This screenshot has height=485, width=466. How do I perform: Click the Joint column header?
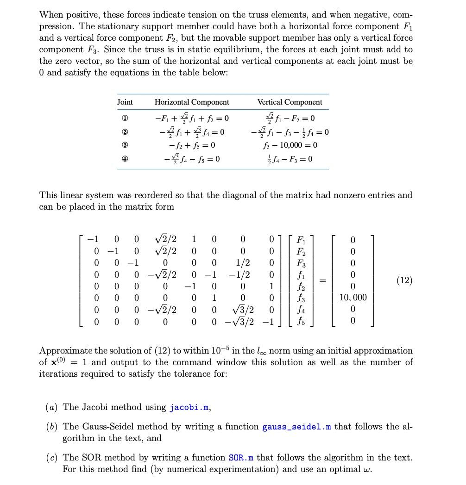(x=125, y=102)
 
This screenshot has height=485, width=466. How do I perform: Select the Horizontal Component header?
(x=191, y=102)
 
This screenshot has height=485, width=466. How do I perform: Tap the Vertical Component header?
(x=290, y=102)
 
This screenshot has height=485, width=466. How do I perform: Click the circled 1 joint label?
(x=125, y=118)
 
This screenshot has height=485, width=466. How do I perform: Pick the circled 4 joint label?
(x=125, y=159)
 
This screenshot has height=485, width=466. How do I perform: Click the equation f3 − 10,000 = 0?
(x=290, y=145)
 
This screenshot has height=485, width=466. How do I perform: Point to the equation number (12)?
(x=404, y=280)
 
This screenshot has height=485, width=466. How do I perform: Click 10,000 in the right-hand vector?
(x=353, y=298)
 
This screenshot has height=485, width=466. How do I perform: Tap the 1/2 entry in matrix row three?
(x=243, y=263)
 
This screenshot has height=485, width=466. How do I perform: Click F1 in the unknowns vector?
(x=301, y=240)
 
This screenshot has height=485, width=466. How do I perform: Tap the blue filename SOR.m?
(x=241, y=458)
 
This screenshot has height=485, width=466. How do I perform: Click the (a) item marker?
(x=52, y=408)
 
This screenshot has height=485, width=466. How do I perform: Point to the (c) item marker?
(x=52, y=458)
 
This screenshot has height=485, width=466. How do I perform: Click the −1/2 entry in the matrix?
(x=239, y=274)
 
